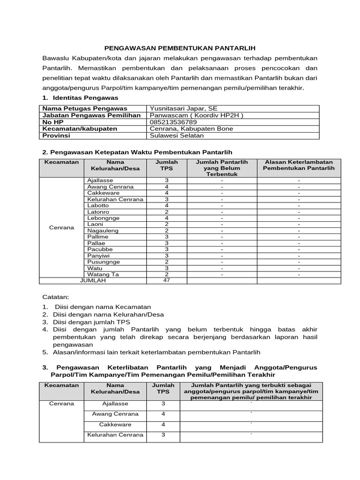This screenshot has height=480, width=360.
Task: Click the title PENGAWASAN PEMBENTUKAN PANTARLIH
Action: tap(180, 48)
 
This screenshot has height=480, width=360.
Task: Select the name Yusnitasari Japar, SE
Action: tap(180, 108)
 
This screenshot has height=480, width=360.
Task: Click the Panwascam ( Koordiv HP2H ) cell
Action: tap(196, 115)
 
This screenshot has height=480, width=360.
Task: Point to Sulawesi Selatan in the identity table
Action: tap(176, 135)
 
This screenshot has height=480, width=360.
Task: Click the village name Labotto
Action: tap(98, 205)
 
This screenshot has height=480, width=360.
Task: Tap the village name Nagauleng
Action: tap(103, 231)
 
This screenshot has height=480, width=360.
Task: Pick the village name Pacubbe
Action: tap(100, 249)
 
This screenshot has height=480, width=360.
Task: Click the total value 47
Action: tap(166, 280)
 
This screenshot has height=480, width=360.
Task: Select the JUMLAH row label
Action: tap(93, 280)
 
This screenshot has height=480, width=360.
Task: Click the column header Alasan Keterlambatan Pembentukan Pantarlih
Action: tap(299, 165)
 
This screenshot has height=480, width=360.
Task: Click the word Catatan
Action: tap(55, 297)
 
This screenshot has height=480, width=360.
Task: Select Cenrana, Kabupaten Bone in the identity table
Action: tap(191, 128)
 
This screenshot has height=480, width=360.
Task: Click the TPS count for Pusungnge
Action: tap(166, 262)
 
